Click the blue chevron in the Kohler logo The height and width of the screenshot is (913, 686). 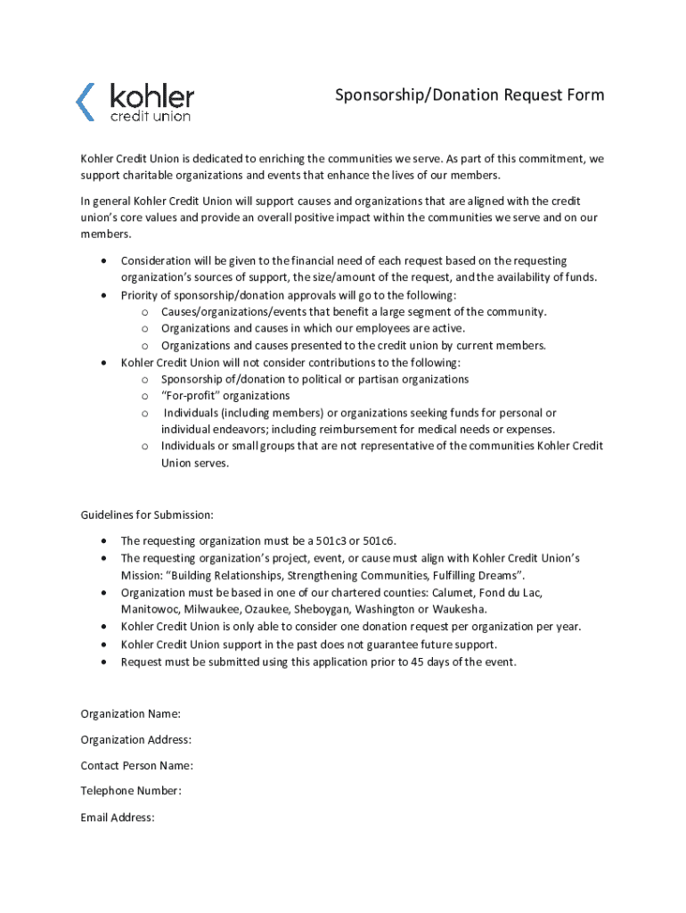point(86,102)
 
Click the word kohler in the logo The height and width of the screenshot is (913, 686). point(150,95)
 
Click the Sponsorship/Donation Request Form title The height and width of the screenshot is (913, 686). point(470,95)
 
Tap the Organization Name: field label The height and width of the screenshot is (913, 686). point(131,713)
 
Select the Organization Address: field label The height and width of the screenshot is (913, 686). point(136,739)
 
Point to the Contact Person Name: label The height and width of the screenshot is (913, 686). point(137,765)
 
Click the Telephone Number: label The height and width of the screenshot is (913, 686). point(131,791)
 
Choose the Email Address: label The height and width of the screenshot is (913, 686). point(118,817)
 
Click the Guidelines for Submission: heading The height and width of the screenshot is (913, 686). point(147,515)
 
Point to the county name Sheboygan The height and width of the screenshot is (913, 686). point(326,610)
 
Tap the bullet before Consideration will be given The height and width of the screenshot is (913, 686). point(105,261)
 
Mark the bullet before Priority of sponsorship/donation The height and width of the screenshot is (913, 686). point(105,295)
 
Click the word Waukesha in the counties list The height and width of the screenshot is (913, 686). point(459,610)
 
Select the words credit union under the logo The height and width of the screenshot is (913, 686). point(150,116)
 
